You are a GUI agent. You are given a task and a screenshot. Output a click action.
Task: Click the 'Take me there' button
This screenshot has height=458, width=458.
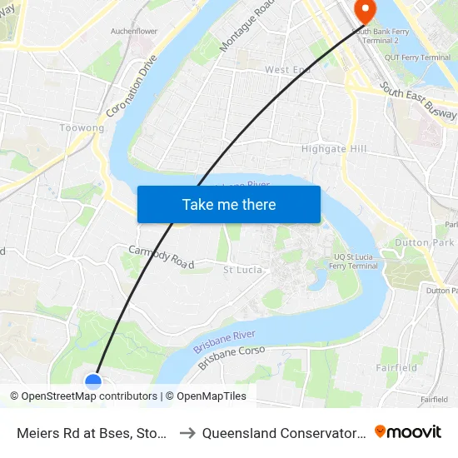pyautogui.click(x=229, y=204)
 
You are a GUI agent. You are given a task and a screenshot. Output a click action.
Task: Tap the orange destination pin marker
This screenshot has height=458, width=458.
pyautogui.click(x=364, y=10)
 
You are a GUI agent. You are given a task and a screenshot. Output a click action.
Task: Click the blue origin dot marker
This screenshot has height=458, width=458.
pyautogui.click(x=93, y=381)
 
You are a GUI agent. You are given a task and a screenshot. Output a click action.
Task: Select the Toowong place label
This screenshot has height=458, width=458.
pyautogui.click(x=82, y=128)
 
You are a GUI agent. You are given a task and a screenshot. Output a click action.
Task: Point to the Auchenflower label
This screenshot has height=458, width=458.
pyautogui.click(x=134, y=32)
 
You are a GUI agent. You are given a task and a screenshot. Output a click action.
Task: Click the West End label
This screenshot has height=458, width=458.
pyautogui.click(x=287, y=70)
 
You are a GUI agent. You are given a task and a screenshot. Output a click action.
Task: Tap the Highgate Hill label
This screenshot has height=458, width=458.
pyautogui.click(x=333, y=149)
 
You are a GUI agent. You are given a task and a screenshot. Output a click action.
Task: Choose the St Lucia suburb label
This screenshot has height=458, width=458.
pyautogui.click(x=243, y=270)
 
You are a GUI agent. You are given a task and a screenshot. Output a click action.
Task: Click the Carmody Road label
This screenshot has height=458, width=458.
pyautogui.click(x=161, y=256)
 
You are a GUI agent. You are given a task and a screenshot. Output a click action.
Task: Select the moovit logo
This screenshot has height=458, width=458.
pyautogui.click(x=408, y=432)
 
